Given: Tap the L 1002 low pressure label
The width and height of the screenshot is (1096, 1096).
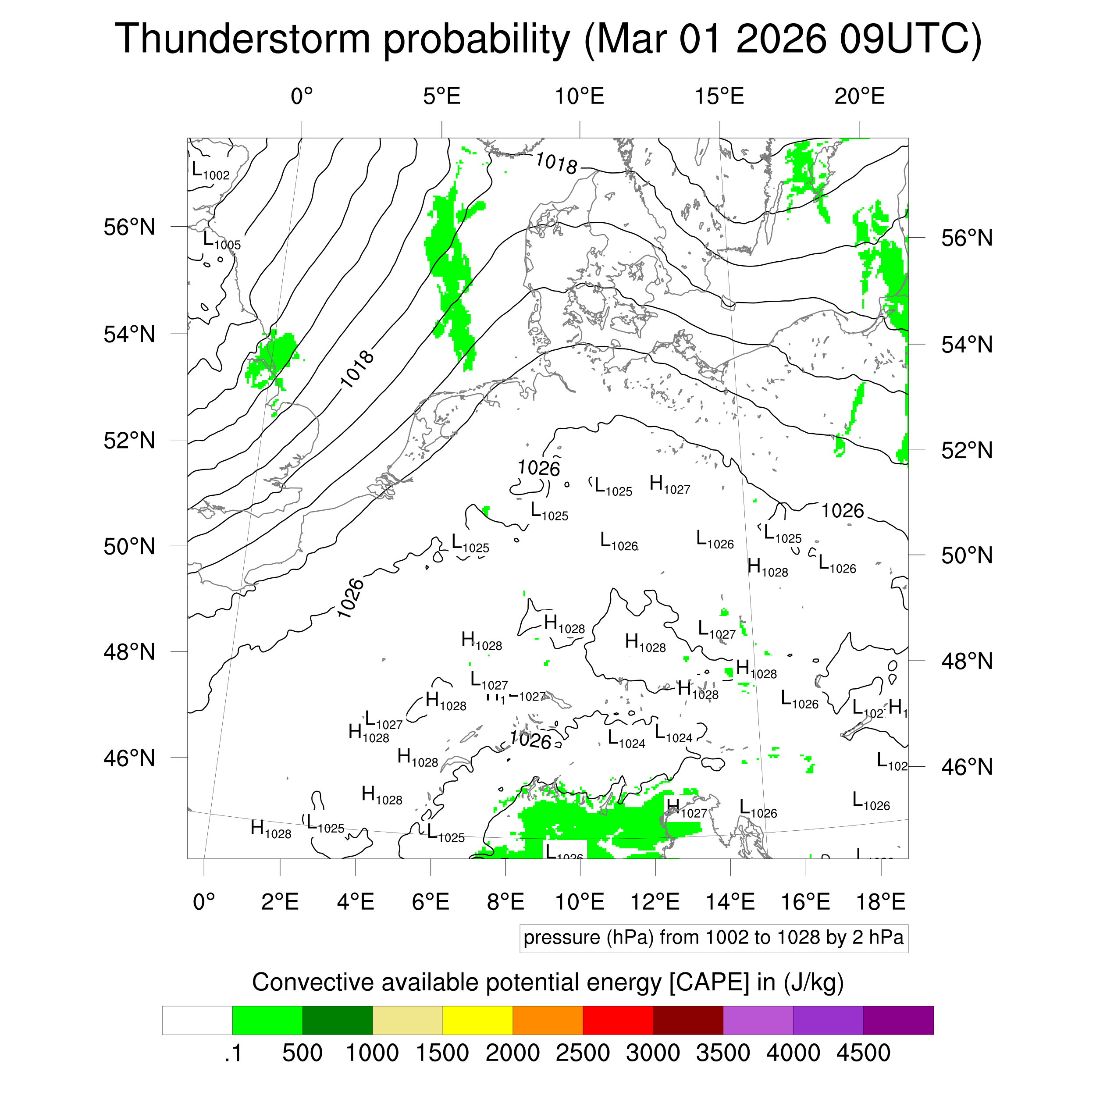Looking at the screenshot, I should tap(210, 171).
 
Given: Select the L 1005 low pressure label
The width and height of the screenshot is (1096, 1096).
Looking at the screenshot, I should tap(222, 241).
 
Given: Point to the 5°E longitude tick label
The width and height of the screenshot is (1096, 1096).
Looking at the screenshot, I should tap(441, 96).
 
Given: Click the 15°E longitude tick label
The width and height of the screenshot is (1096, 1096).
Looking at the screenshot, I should tap(719, 96).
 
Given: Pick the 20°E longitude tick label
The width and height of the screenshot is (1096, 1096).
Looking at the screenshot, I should tap(859, 96).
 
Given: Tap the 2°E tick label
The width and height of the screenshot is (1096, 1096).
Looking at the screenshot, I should tap(280, 901).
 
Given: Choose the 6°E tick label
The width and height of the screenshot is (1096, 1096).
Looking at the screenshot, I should tap(431, 901).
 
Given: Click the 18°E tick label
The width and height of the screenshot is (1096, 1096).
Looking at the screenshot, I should tap(880, 901).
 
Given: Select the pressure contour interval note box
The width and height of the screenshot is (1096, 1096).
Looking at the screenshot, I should tap(713, 938).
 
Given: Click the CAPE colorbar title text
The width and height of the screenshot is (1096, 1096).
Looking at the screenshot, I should tap(548, 982).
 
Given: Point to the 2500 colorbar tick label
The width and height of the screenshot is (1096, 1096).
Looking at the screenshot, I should tap(583, 1053).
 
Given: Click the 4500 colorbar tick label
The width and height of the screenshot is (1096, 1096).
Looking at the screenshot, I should tap(863, 1053).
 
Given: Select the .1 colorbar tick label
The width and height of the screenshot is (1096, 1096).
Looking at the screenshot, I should tap(233, 1053).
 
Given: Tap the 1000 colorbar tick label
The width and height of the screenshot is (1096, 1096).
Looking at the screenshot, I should tap(372, 1053).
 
